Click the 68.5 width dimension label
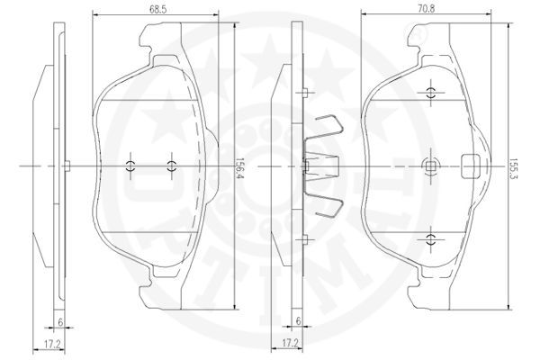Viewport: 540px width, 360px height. (x=158, y=9)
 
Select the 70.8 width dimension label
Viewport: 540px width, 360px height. (x=426, y=8)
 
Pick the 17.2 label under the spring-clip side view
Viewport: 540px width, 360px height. (x=290, y=343)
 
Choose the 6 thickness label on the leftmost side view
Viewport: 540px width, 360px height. (x=60, y=322)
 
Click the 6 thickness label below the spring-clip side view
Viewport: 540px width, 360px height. (x=298, y=320)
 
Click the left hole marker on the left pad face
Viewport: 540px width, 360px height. (x=130, y=166)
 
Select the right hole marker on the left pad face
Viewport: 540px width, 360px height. (x=171, y=166)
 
